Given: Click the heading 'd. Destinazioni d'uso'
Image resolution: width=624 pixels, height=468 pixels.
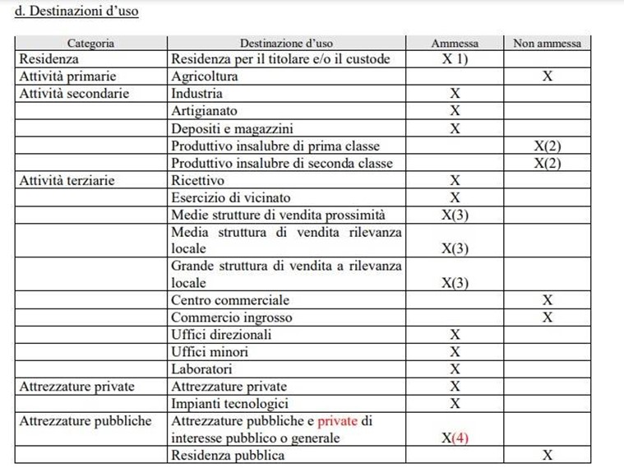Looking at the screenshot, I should (71, 12).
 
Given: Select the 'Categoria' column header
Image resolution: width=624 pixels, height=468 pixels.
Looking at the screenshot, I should (90, 43).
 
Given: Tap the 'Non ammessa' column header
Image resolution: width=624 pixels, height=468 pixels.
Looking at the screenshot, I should (547, 43).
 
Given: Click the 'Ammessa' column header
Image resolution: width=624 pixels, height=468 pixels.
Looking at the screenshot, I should (455, 43).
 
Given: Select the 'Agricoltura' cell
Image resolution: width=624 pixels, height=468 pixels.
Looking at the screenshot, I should (204, 76).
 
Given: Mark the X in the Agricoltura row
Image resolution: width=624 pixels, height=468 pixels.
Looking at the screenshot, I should (547, 76).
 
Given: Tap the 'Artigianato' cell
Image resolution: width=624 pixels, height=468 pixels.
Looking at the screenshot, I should (204, 111).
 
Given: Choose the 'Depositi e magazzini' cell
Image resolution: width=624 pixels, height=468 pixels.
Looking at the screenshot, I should (232, 128).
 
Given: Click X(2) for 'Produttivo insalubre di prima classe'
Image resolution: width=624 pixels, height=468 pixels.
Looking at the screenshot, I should (547, 146).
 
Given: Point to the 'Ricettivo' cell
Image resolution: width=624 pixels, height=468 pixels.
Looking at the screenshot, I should (197, 179).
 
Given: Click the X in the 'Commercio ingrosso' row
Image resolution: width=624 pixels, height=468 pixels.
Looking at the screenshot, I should (547, 317).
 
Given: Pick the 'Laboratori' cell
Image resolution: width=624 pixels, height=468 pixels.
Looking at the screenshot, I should (201, 369).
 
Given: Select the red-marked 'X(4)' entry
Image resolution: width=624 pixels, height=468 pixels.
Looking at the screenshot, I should (455, 438).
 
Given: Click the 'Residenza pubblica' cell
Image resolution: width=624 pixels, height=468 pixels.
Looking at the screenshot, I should (228, 455).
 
